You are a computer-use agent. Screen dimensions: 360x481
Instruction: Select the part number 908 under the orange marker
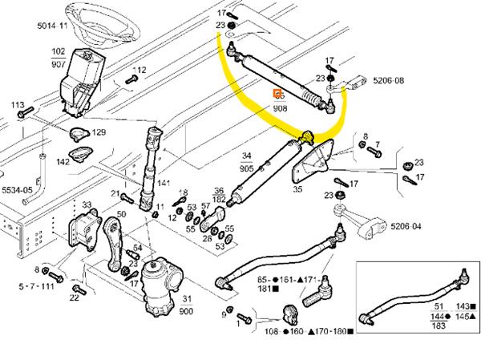coord(280,107)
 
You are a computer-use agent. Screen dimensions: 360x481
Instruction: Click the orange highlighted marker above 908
coord(279,95)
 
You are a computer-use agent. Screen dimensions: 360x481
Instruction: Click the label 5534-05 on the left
coord(18,191)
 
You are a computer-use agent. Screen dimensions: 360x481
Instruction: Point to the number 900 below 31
coord(188,310)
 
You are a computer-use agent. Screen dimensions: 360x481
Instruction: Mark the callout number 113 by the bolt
coord(17,104)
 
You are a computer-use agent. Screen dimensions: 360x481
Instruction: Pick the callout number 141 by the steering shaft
coord(164,184)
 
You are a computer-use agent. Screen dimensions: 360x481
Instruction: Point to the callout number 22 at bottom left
coord(74,299)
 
